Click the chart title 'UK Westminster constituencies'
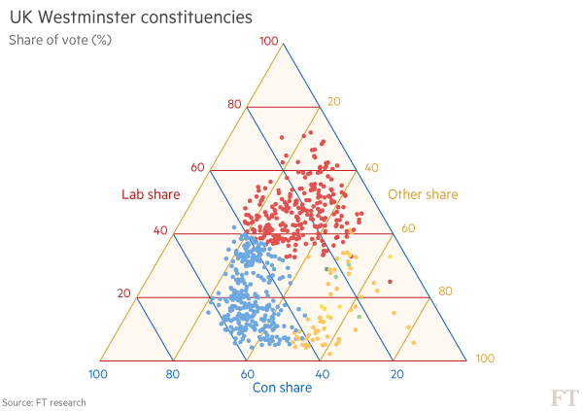click(131, 17)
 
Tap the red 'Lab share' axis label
click(151, 194)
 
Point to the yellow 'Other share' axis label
click(423, 194)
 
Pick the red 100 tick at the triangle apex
click(270, 41)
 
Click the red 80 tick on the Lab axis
click(233, 105)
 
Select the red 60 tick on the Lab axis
click(197, 168)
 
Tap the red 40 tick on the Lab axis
click(161, 231)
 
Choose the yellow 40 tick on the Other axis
click(371, 168)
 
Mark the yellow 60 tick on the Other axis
click(408, 229)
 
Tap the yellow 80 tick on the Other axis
click(445, 291)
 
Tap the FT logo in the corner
click(564, 396)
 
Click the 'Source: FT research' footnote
click(44, 402)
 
